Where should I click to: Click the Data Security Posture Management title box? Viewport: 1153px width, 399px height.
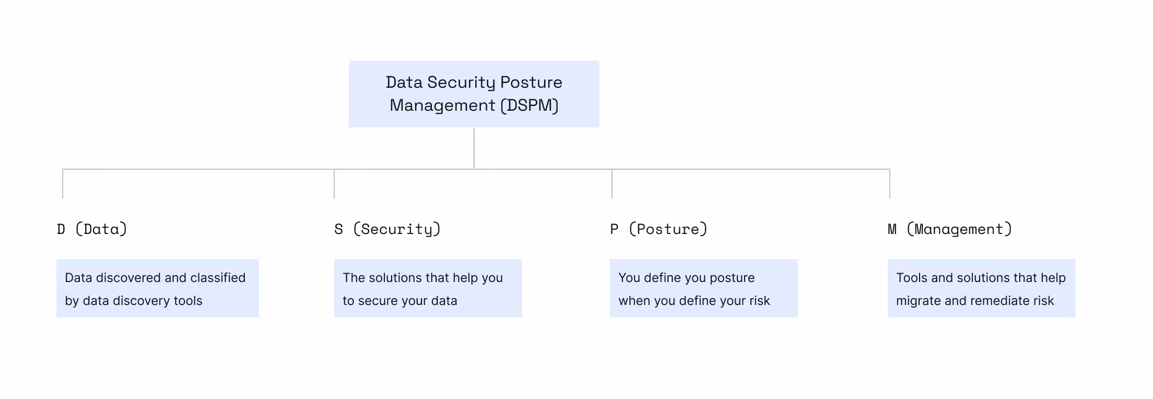[x=474, y=94]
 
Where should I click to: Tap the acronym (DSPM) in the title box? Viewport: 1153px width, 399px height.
[x=530, y=105]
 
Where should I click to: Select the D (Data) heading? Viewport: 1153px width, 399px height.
[x=92, y=229]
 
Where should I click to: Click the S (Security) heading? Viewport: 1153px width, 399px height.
[x=387, y=229]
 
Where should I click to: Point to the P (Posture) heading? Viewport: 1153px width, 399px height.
[x=658, y=229]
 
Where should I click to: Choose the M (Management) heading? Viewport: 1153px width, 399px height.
[x=950, y=229]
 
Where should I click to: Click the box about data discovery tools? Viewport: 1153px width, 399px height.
[x=157, y=288]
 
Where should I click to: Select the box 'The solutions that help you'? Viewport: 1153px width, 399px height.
[x=428, y=288]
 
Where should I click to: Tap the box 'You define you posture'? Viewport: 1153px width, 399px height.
[x=703, y=288]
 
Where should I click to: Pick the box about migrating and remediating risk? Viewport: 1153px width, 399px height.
[x=981, y=288]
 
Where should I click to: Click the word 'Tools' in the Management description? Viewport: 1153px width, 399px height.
[x=911, y=278]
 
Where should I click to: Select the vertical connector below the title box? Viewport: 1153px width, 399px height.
[x=474, y=148]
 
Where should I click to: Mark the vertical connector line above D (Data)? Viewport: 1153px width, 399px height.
[x=63, y=184]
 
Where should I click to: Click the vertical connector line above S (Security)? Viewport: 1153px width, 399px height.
[x=334, y=184]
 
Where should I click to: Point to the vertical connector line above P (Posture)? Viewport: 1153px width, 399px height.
[x=612, y=184]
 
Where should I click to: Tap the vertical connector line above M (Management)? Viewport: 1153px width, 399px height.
[x=890, y=184]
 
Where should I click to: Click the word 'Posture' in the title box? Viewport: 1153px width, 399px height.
[x=531, y=83]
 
